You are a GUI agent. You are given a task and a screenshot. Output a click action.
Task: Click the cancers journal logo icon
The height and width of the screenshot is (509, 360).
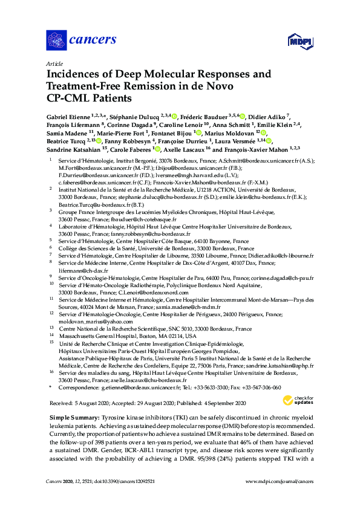tap(56, 41)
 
